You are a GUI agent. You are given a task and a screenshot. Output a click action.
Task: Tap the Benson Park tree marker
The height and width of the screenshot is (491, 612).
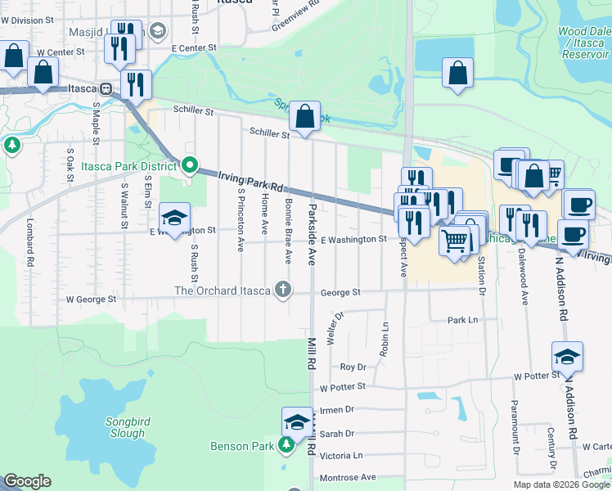pos(286,445)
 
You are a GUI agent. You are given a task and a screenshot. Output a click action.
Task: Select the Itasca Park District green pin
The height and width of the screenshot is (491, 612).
pos(190,166)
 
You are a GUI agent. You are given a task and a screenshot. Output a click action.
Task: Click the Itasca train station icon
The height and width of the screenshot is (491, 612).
pos(106,88)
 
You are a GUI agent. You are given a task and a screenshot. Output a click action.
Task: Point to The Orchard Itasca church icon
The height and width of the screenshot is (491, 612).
pos(283,290)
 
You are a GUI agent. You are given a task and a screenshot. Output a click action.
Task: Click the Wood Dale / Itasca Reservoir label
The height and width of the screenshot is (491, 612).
pos(584,42)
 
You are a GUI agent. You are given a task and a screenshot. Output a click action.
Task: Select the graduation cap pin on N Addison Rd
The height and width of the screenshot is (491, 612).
pos(566,356)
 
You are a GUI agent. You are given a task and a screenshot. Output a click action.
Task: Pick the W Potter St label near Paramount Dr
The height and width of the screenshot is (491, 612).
pos(535,376)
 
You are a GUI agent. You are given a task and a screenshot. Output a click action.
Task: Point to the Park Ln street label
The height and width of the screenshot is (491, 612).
pos(462,320)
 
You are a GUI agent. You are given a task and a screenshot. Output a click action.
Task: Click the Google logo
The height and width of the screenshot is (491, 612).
pos(27,481)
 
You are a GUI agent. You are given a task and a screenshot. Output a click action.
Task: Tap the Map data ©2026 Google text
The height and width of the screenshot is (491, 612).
pos(561,484)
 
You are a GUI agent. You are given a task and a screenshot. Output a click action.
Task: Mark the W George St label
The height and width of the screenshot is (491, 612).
pos(91,300)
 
